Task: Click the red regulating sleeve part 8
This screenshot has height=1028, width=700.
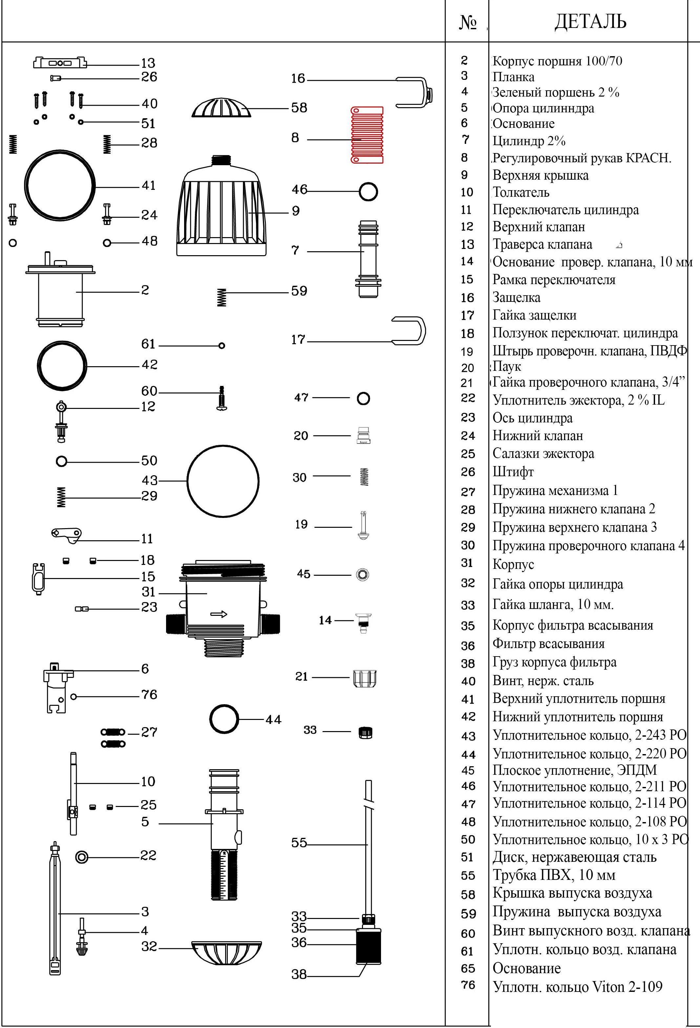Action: click(x=367, y=135)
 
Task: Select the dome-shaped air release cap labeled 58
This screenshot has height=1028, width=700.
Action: click(x=221, y=108)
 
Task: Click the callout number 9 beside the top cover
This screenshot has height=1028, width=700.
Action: click(x=296, y=211)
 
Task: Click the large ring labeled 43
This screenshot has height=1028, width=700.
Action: click(x=223, y=481)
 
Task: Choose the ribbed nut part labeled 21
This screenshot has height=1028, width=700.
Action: click(x=365, y=679)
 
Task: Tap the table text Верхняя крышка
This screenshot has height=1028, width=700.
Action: click(x=540, y=175)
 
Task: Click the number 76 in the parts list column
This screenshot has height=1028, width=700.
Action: click(x=468, y=985)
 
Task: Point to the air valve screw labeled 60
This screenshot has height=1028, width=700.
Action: click(x=222, y=398)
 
